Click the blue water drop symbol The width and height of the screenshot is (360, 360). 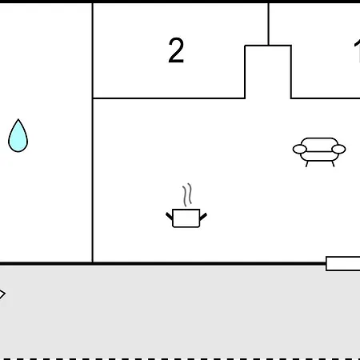pos(18,136)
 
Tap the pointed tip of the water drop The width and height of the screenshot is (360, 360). pos(18,119)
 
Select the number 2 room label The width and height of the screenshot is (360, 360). pos(176,50)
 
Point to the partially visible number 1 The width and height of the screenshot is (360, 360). pos(358,51)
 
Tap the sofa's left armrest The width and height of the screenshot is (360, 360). pos(300,150)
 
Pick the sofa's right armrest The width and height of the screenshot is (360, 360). pos(338,149)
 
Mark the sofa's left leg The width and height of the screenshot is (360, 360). pos(307,164)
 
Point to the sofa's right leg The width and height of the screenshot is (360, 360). pos(333,164)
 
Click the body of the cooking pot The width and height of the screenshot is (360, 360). pos(186,218)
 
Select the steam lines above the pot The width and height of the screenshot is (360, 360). pos(187,194)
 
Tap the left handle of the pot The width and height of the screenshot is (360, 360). pos(170,216)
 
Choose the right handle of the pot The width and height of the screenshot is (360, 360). pos(203,217)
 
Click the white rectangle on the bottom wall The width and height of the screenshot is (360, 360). pos(343,264)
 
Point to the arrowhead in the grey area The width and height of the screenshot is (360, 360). pos(2,294)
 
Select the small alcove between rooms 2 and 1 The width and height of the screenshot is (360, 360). pos(268,72)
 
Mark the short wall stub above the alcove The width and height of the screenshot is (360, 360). pos(269,24)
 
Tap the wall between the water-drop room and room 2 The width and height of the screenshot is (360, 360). pos(93,133)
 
